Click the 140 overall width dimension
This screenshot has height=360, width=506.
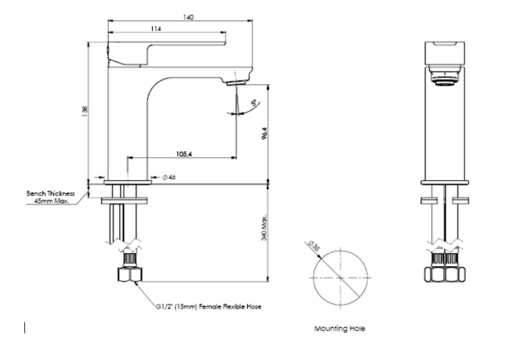pos(188,17)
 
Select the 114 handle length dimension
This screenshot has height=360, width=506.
pos(156,29)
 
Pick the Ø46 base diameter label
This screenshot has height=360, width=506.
pos(169,177)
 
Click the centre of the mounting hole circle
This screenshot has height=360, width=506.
pos(340,278)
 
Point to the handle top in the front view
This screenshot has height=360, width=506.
pos(444,51)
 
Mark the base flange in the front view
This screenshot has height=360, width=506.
pos(444,182)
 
